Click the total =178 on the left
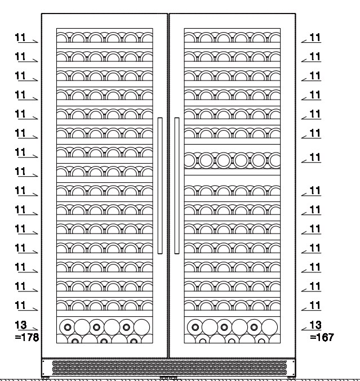26,337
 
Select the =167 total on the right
322,337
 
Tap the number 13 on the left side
21,325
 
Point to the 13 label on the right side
315,325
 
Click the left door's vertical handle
160,186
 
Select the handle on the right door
177,186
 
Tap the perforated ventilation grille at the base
170,368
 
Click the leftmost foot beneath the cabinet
45,378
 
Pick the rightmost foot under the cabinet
291,378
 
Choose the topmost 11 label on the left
21,37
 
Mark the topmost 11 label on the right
315,37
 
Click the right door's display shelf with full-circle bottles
232,160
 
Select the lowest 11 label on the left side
21,306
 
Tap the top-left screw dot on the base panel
43,361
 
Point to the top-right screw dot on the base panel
294,361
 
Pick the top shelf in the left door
105,38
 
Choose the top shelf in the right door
232,38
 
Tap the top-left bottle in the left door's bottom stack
68,328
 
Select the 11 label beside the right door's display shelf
315,157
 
